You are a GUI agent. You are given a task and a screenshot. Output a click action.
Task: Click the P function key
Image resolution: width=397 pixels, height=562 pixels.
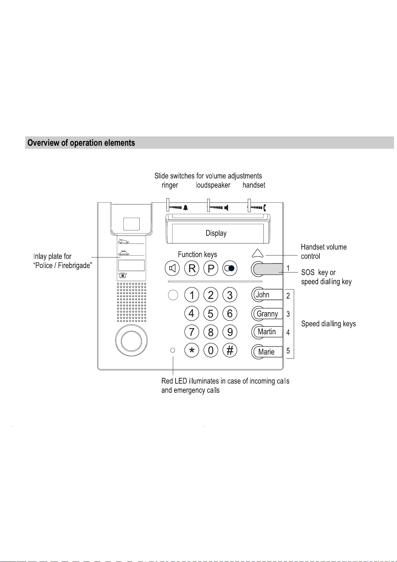(x=211, y=268)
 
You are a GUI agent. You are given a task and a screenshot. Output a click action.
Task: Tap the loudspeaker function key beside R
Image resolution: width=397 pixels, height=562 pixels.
(x=172, y=268)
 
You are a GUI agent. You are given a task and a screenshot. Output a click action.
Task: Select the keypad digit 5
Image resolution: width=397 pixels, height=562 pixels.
(x=211, y=314)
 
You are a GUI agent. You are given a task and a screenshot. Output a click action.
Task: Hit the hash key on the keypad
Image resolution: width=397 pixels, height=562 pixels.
(x=230, y=350)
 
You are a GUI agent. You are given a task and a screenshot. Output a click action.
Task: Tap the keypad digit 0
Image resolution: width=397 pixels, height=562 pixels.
(x=211, y=350)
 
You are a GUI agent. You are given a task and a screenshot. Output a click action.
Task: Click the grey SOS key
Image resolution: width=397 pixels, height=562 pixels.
(x=267, y=269)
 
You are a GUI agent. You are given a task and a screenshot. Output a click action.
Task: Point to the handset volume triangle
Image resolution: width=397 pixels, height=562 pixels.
(x=257, y=253)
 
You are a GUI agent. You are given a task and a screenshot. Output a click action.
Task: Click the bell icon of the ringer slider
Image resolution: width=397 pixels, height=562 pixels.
(x=186, y=208)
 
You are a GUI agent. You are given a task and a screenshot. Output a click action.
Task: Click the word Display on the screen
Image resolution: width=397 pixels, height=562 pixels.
(x=216, y=233)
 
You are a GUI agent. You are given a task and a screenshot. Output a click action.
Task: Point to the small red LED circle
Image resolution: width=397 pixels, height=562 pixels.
(x=173, y=350)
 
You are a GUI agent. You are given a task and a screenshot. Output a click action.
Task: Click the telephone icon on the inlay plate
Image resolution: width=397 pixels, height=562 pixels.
(x=123, y=275)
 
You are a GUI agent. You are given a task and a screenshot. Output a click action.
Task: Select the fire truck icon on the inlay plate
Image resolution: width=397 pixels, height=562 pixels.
(x=124, y=241)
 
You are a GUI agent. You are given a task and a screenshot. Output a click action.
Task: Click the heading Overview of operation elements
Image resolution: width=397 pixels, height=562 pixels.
(x=81, y=143)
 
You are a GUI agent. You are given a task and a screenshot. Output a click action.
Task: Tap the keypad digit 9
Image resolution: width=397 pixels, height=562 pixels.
(x=230, y=332)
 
